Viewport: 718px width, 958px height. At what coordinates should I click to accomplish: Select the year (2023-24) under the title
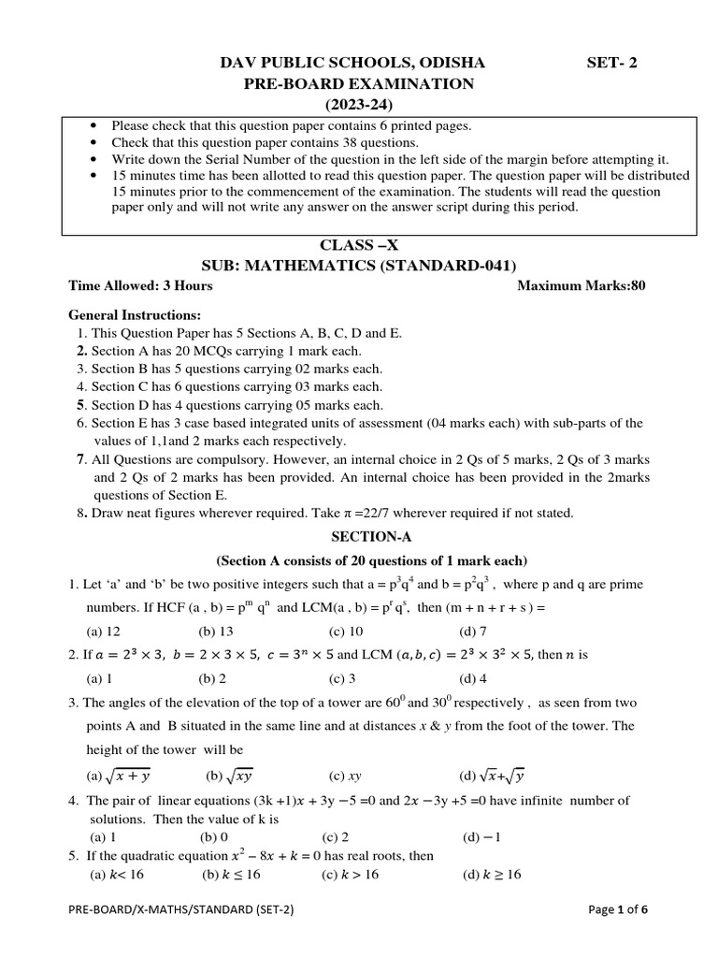(359, 103)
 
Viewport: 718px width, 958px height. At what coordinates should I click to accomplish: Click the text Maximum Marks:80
(581, 285)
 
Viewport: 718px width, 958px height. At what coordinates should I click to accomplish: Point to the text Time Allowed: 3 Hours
(141, 285)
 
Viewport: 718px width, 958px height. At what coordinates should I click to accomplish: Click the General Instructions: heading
(135, 315)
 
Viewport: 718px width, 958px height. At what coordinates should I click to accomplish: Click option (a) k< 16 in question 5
(117, 875)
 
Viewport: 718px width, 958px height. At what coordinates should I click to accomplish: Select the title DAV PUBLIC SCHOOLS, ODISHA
(352, 64)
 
